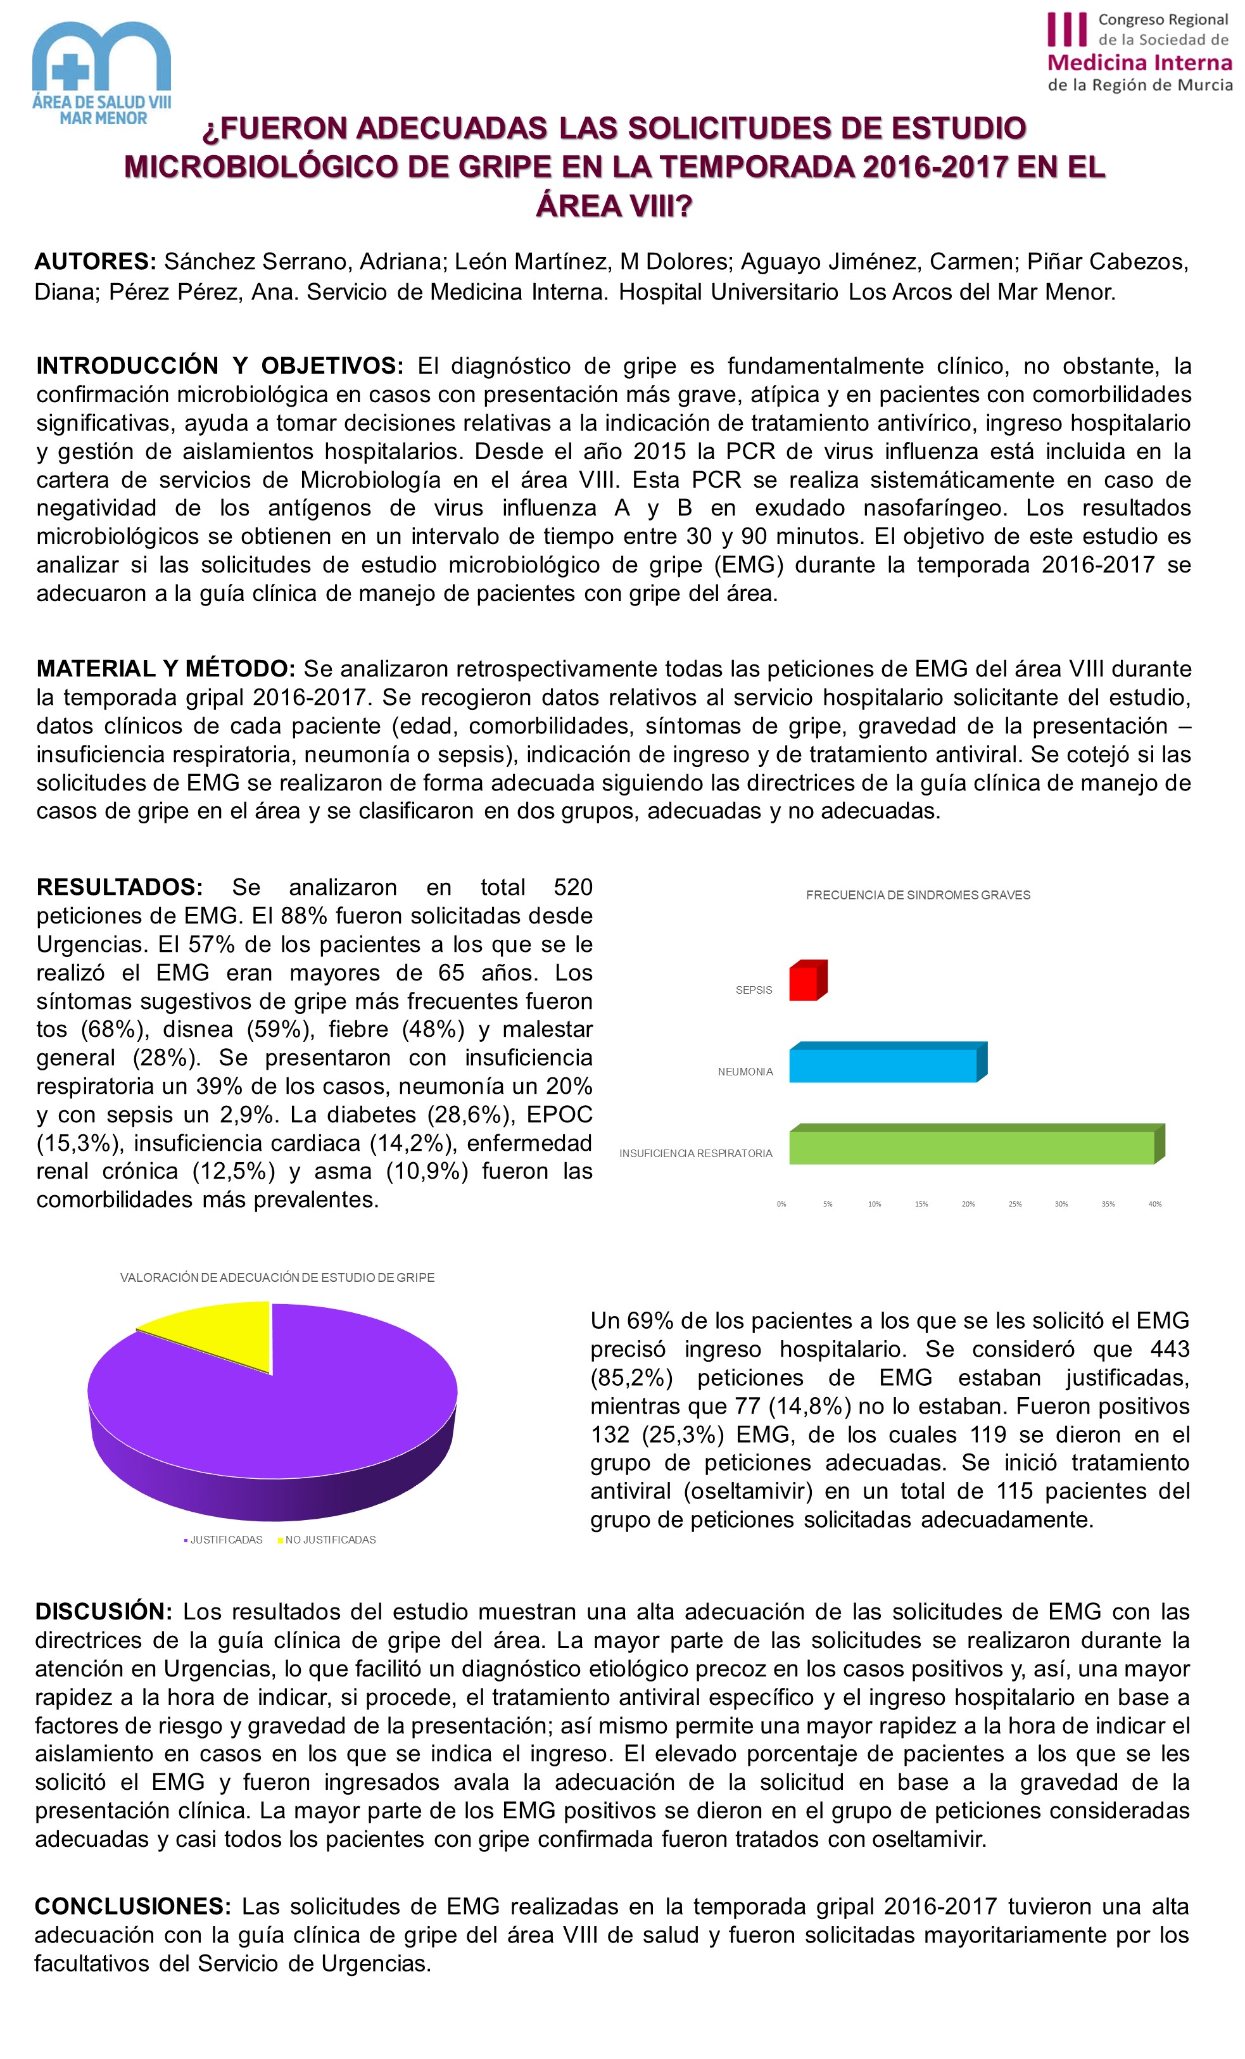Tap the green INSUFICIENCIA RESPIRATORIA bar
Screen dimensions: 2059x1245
(973, 1146)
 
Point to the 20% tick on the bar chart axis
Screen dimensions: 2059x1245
(968, 1204)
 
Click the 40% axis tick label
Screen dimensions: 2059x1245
(1154, 1204)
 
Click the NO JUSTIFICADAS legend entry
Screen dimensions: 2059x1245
(329, 1539)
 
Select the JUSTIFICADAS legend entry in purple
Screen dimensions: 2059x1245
(225, 1539)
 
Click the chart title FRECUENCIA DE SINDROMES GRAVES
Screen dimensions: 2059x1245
(918, 895)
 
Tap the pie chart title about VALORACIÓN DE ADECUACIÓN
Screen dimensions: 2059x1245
(277, 1277)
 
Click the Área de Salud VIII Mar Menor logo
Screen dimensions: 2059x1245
(102, 73)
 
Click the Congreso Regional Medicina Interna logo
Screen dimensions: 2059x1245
(1139, 52)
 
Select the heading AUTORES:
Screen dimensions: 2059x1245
(95, 262)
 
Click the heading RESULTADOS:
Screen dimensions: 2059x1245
(118, 887)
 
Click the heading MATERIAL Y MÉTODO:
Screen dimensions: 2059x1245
(165, 669)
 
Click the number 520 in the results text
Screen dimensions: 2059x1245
(572, 887)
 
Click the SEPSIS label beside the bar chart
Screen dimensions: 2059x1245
(753, 989)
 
